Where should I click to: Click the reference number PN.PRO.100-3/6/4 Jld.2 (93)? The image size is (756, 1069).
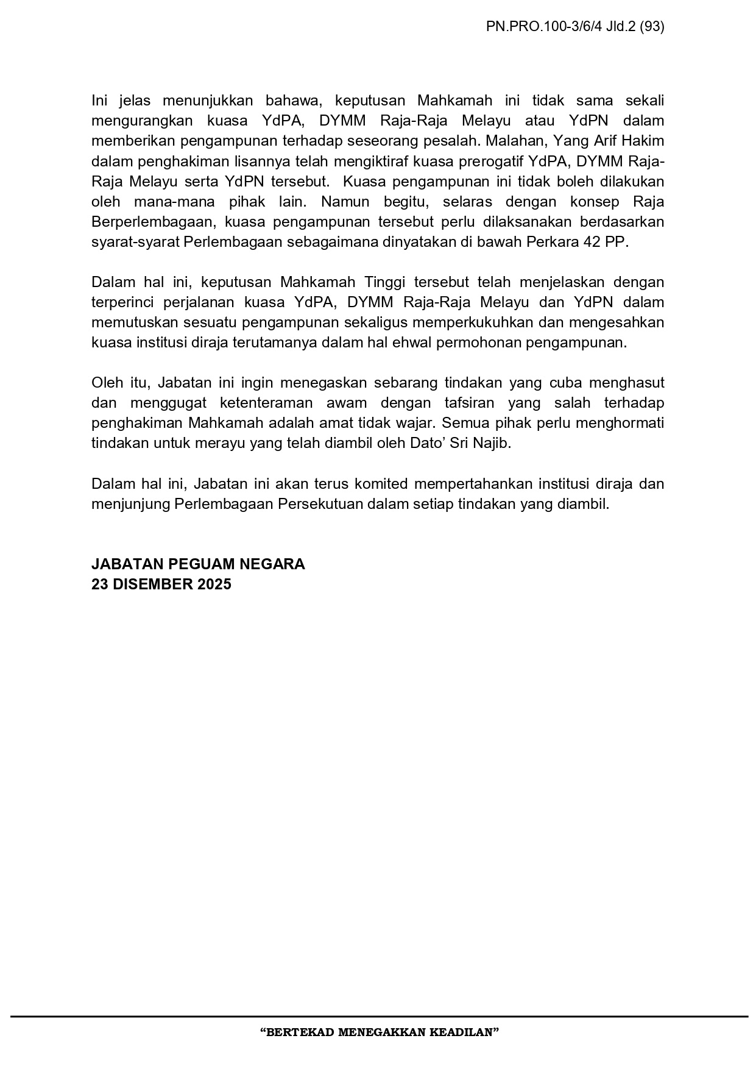click(x=575, y=26)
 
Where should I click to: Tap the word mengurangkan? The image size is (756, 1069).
click(x=140, y=121)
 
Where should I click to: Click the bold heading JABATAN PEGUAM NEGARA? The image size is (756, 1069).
click(x=198, y=564)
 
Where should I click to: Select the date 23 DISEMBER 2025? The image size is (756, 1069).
click(x=161, y=584)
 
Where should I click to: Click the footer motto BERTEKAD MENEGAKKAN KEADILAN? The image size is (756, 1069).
click(x=379, y=1032)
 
